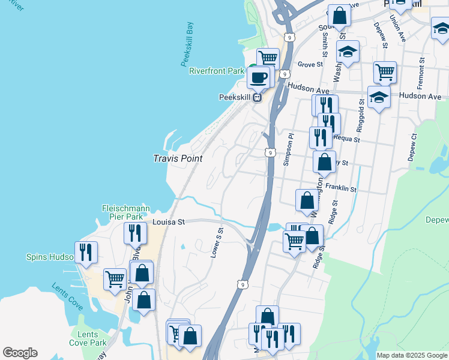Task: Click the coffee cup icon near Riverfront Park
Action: [259, 77]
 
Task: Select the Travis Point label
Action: [178, 159]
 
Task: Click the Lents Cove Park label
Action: [88, 338]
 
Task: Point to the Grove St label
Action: [310, 64]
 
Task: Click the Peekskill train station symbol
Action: [257, 98]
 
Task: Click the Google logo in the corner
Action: [20, 353]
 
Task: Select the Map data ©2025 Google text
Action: [411, 355]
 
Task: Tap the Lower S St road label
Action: [217, 242]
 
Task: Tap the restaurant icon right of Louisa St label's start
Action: [135, 233]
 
